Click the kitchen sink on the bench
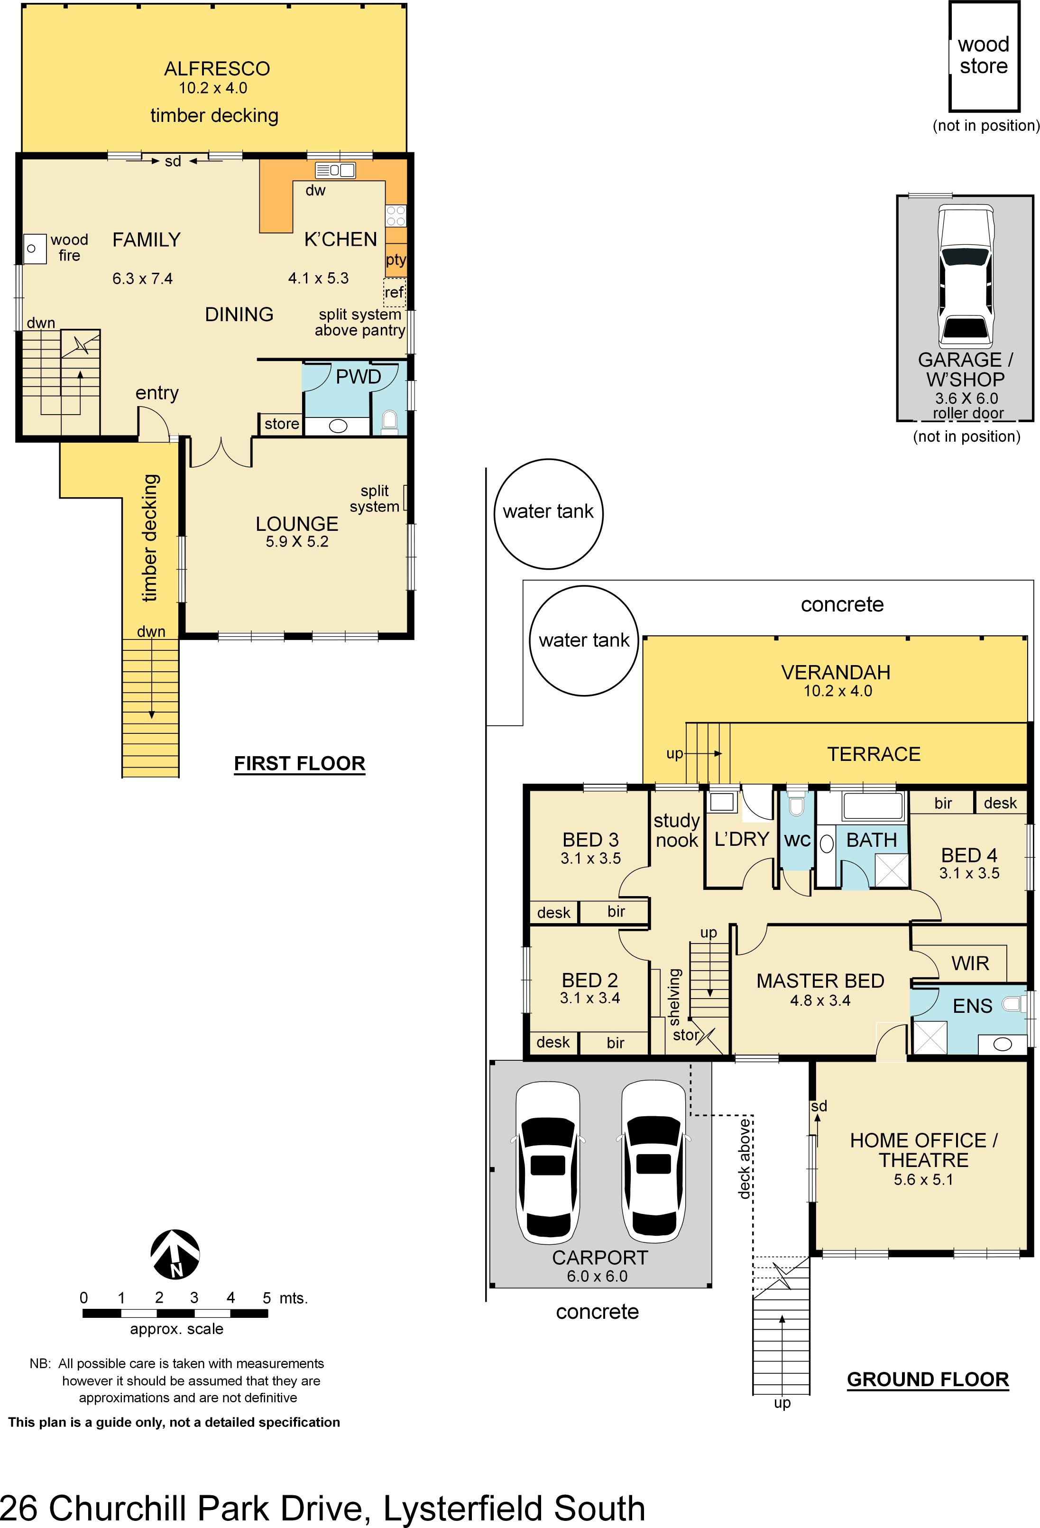coord(335,170)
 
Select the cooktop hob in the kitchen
coord(396,216)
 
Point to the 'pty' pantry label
coord(396,259)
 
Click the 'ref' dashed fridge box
coord(395,292)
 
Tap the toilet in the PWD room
coord(389,421)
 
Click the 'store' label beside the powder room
coord(281,424)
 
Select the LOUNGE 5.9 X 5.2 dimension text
coord(297,542)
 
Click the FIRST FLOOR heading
coord(299,763)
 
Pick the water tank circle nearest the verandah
coord(584,640)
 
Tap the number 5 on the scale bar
coord(266,1298)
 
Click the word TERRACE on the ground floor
coord(873,754)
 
